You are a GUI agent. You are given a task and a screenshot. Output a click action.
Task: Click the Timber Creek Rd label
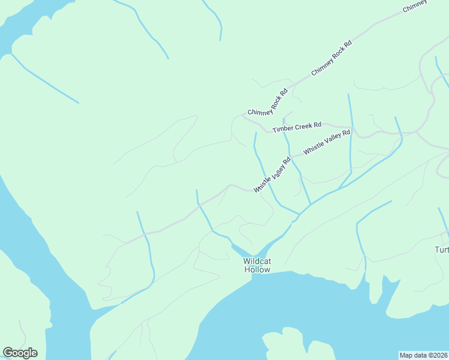(297, 127)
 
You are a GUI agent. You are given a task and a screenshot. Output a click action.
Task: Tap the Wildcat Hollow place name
(257, 265)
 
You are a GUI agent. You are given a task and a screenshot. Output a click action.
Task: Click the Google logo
(20, 353)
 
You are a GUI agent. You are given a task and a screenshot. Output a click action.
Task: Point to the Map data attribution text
(423, 355)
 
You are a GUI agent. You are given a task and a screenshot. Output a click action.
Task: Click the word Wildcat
(257, 261)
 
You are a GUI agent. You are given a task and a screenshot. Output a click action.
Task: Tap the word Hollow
(257, 270)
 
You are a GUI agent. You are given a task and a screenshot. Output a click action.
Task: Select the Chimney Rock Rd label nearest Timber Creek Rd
(268, 102)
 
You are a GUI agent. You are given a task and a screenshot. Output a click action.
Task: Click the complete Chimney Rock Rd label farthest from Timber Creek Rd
(331, 58)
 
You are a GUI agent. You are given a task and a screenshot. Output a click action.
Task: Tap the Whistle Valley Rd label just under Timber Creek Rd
(327, 142)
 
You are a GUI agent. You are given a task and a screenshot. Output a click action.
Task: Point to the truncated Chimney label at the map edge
(416, 5)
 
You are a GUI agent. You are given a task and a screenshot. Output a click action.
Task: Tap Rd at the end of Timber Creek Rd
(318, 125)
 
